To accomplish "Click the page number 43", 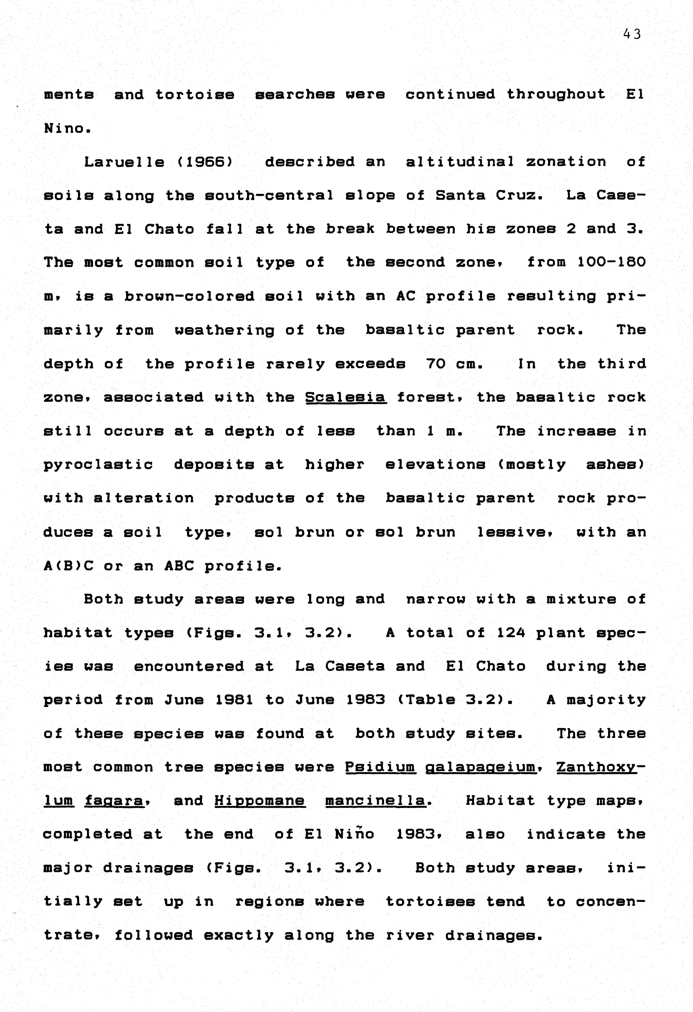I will pos(632,34).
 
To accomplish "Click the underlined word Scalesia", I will pos(346,397).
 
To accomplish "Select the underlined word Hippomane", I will pos(260,800).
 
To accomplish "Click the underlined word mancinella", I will pos(375,800).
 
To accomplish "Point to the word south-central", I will pos(269,195).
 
